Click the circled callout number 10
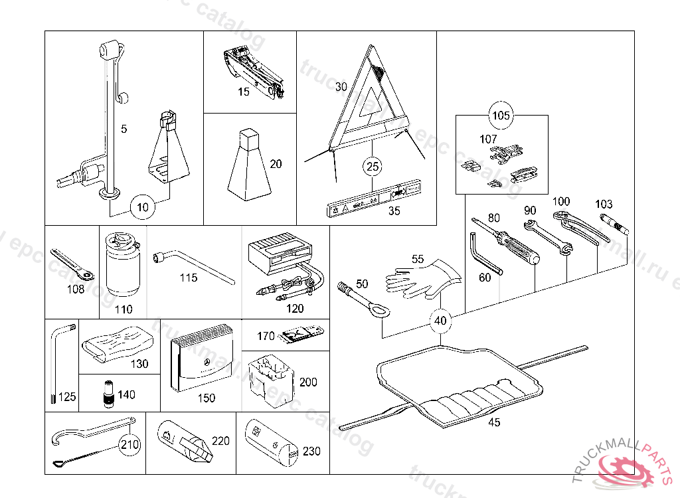[x=143, y=207]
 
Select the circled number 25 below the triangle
[x=373, y=167]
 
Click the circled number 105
[x=501, y=116]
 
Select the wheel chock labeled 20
[x=248, y=166]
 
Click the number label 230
[x=311, y=452]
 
